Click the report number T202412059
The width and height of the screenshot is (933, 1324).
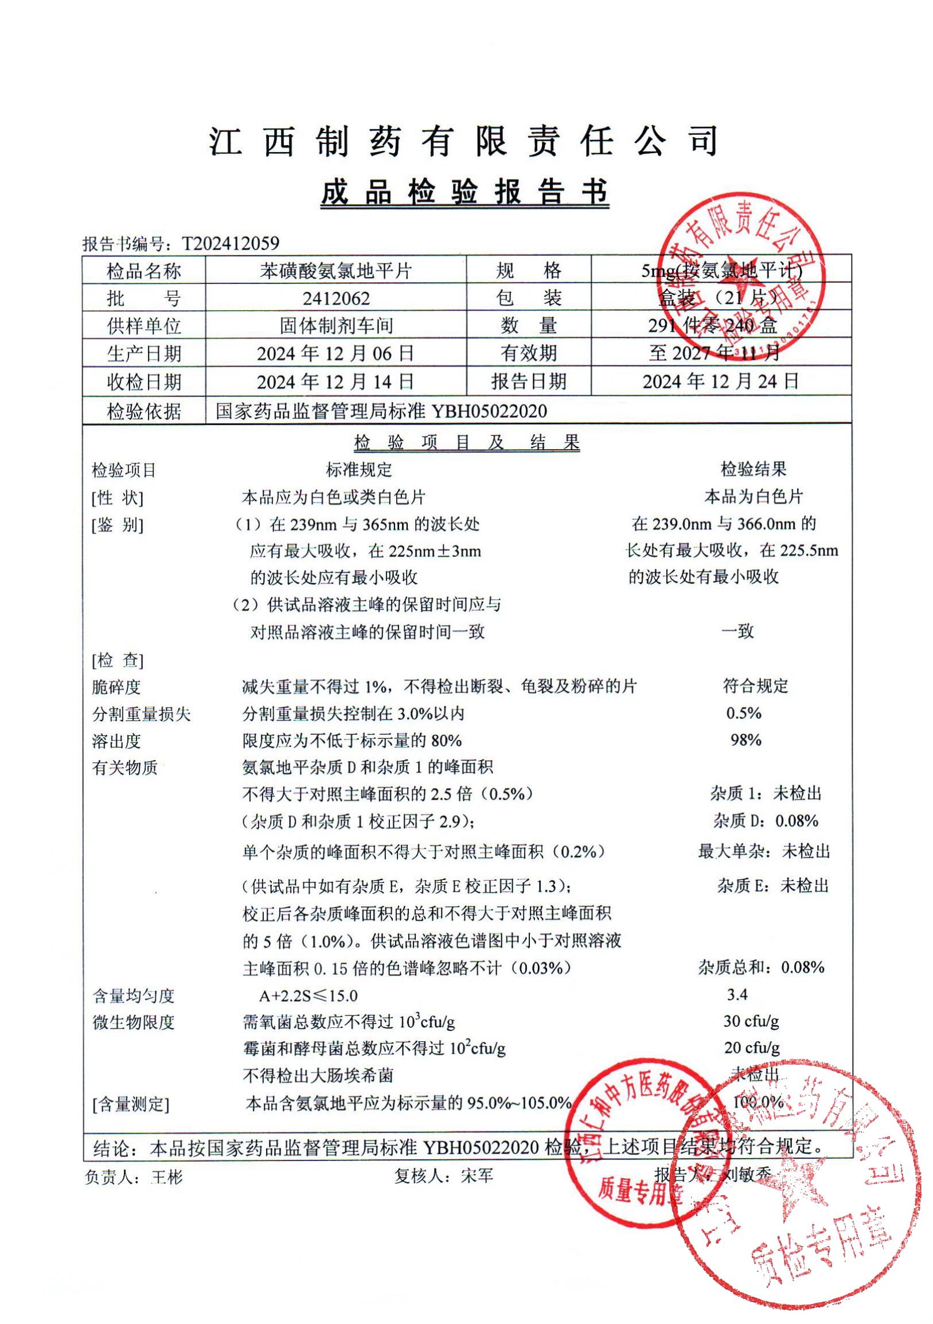pyautogui.click(x=231, y=243)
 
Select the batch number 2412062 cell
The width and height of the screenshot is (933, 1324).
pyautogui.click(x=336, y=298)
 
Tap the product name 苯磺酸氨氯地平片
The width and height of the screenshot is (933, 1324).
pyautogui.click(x=336, y=270)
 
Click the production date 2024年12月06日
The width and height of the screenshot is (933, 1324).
pyautogui.click(x=335, y=353)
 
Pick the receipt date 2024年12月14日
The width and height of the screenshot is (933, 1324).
pyautogui.click(x=335, y=381)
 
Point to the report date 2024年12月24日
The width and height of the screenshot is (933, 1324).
pyautogui.click(x=720, y=381)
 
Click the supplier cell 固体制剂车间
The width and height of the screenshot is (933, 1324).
pyautogui.click(x=336, y=326)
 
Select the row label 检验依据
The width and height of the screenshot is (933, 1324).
pyautogui.click(x=143, y=411)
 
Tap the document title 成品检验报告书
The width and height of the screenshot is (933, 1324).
pyautogui.click(x=464, y=193)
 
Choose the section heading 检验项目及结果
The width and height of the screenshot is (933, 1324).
pyautogui.click(x=467, y=442)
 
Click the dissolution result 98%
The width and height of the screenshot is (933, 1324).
pyautogui.click(x=745, y=740)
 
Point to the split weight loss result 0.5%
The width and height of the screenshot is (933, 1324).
pyautogui.click(x=743, y=713)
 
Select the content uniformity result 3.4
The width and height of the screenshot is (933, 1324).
pyautogui.click(x=737, y=995)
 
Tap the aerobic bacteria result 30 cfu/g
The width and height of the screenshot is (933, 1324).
pyautogui.click(x=751, y=1021)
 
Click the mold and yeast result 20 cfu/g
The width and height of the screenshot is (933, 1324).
pyautogui.click(x=751, y=1047)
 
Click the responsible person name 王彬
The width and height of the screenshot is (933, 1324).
pyautogui.click(x=166, y=1177)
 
